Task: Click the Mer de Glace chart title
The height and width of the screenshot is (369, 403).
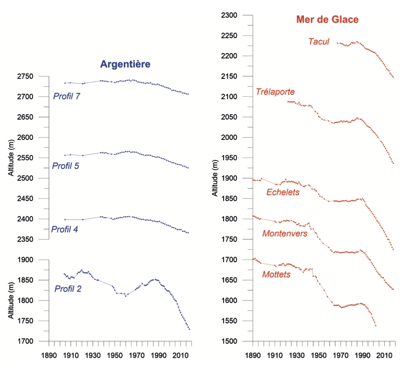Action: [x=327, y=19]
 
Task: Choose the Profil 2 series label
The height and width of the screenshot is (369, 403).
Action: [x=68, y=289]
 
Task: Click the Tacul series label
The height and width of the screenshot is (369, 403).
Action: [x=319, y=41]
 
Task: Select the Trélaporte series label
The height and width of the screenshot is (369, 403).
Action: [x=276, y=92]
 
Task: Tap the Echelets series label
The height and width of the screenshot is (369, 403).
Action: [x=283, y=193]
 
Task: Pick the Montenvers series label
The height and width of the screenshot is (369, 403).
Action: [x=285, y=234]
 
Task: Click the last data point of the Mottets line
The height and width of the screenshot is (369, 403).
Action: [x=376, y=326]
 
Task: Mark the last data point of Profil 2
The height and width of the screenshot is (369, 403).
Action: [x=189, y=329]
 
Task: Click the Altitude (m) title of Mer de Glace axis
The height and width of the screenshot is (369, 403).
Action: [x=214, y=178]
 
